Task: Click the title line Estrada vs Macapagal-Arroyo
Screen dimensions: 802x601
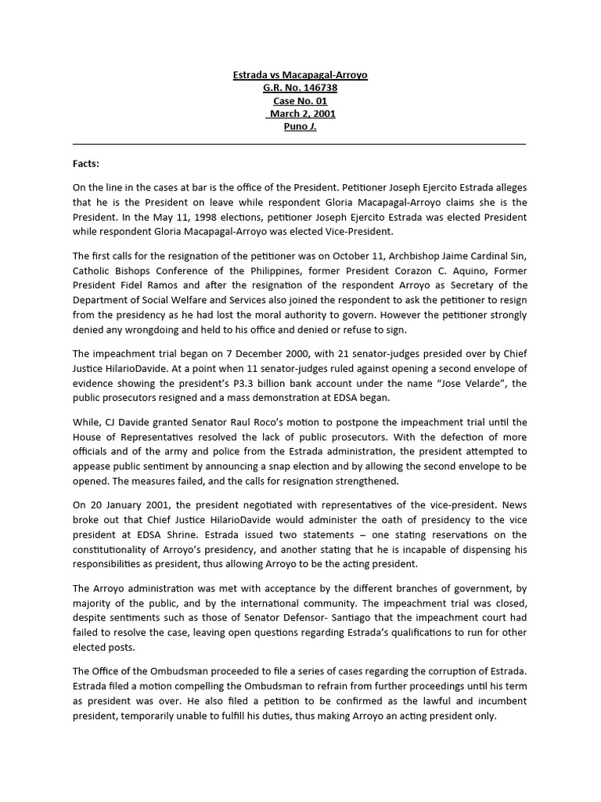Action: coord(300,75)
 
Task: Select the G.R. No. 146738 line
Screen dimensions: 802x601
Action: coord(300,88)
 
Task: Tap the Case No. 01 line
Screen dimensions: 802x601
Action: coord(300,101)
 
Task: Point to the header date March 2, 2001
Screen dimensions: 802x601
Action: coord(300,114)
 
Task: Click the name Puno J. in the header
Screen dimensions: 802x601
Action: coord(300,126)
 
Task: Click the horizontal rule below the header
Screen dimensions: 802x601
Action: coord(300,144)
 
